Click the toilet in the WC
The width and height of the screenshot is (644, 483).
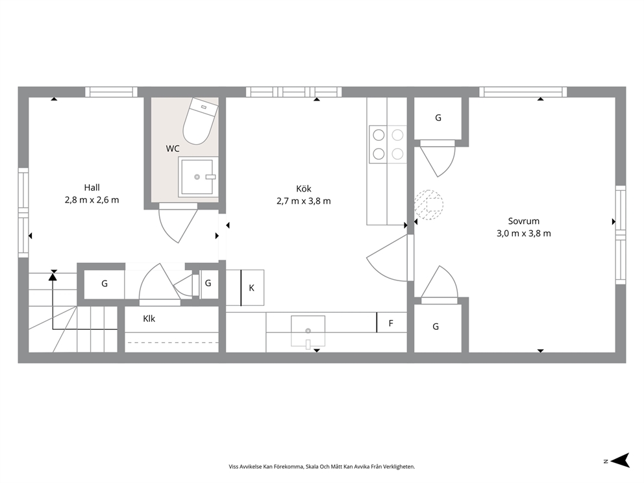[x=200, y=121]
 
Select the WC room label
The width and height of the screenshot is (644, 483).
[x=173, y=149]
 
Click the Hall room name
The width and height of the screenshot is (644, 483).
[x=92, y=188]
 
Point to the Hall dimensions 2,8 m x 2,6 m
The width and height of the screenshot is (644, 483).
[x=92, y=200]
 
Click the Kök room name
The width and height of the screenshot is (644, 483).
[x=304, y=188]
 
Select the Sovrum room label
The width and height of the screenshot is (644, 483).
[x=524, y=221]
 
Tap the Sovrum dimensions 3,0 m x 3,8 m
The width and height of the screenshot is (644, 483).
[x=524, y=233]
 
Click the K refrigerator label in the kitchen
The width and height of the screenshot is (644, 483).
[x=251, y=288]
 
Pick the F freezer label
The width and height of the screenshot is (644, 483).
[x=391, y=323]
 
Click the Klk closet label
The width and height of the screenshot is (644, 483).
[x=149, y=319]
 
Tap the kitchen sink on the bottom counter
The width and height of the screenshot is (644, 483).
[x=308, y=331]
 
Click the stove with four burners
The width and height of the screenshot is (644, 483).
[x=388, y=144]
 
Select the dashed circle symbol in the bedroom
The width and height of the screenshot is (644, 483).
[x=428, y=204]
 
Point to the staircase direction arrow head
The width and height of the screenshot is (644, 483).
[x=53, y=277]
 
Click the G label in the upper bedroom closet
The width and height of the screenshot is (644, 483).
[x=438, y=118]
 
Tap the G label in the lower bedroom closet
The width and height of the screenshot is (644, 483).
[x=436, y=327]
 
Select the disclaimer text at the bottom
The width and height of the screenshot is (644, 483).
[x=322, y=467]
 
